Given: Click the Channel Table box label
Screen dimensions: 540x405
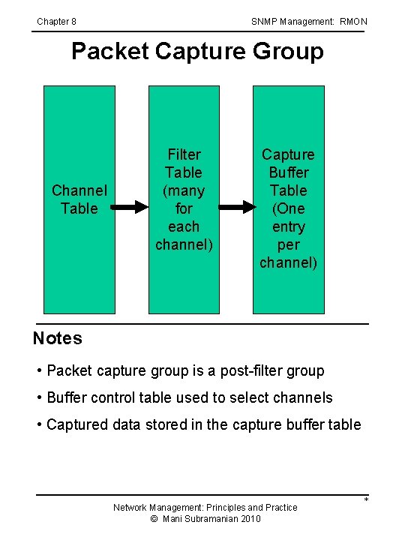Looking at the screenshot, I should (79, 199).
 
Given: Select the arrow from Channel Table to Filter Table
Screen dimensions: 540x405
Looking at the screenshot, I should (132, 206).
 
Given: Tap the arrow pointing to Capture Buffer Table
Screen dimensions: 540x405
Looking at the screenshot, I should (235, 206).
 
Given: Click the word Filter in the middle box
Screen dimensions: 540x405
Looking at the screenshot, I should (184, 154).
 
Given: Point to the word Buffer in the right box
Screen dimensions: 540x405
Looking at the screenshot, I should (288, 172).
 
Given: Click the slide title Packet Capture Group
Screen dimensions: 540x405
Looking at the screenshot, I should (197, 52).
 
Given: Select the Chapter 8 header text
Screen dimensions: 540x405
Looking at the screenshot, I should (56, 22).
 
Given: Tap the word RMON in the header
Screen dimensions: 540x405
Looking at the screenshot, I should (353, 22).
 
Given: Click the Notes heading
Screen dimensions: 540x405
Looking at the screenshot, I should (57, 338).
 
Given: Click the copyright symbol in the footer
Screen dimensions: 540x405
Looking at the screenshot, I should (154, 519).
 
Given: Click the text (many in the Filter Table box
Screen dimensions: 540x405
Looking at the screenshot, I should (184, 190).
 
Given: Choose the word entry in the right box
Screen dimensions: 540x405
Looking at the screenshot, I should (288, 226).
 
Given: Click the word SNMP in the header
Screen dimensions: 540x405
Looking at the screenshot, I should (265, 22).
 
